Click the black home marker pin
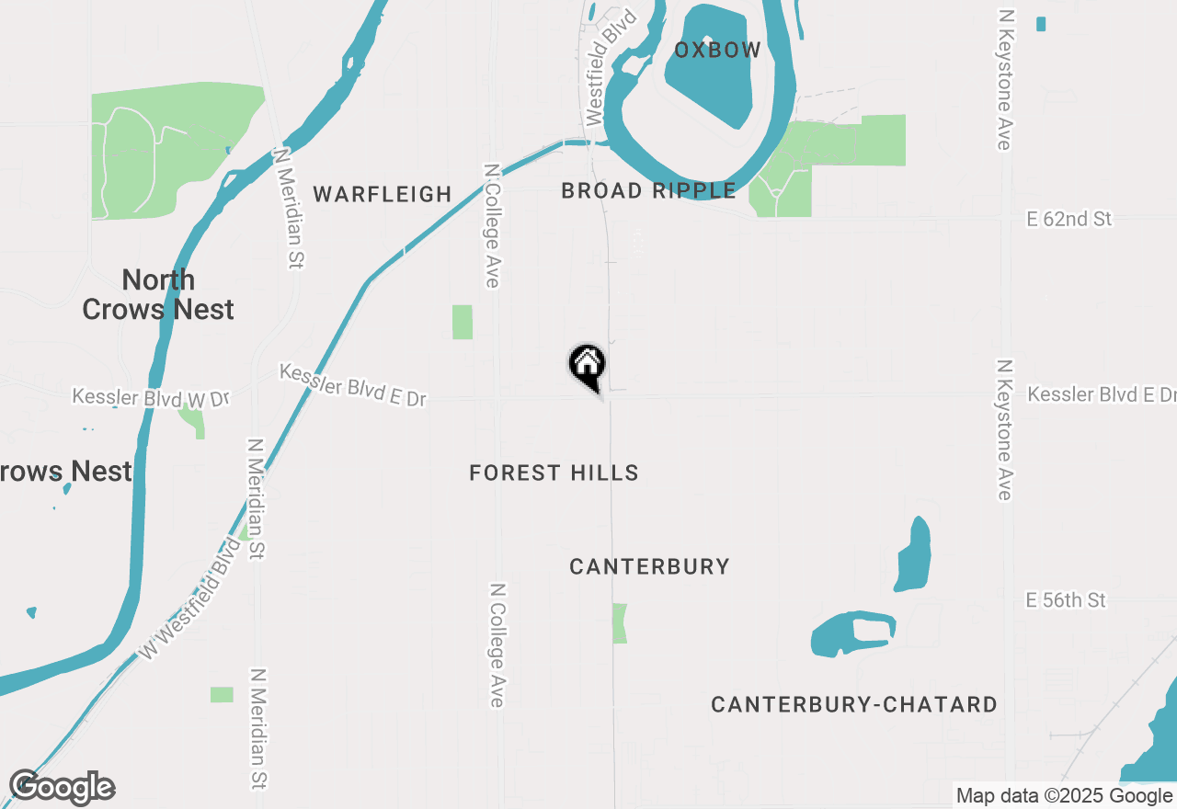[x=587, y=365]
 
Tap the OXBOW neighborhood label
[x=717, y=51]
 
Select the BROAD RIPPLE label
[x=648, y=191]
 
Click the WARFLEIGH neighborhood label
[x=383, y=194]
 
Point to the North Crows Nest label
[x=158, y=294]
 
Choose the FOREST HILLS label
[x=554, y=473]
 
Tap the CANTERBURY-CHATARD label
[x=854, y=705]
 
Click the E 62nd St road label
[x=1068, y=219]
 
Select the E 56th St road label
[x=1066, y=600]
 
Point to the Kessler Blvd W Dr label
[x=151, y=398]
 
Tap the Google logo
[x=63, y=787]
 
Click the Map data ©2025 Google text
[x=1064, y=796]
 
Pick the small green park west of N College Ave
[x=463, y=322]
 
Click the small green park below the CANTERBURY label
[x=620, y=623]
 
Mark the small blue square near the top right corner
[x=1041, y=24]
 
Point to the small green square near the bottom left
[x=222, y=695]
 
